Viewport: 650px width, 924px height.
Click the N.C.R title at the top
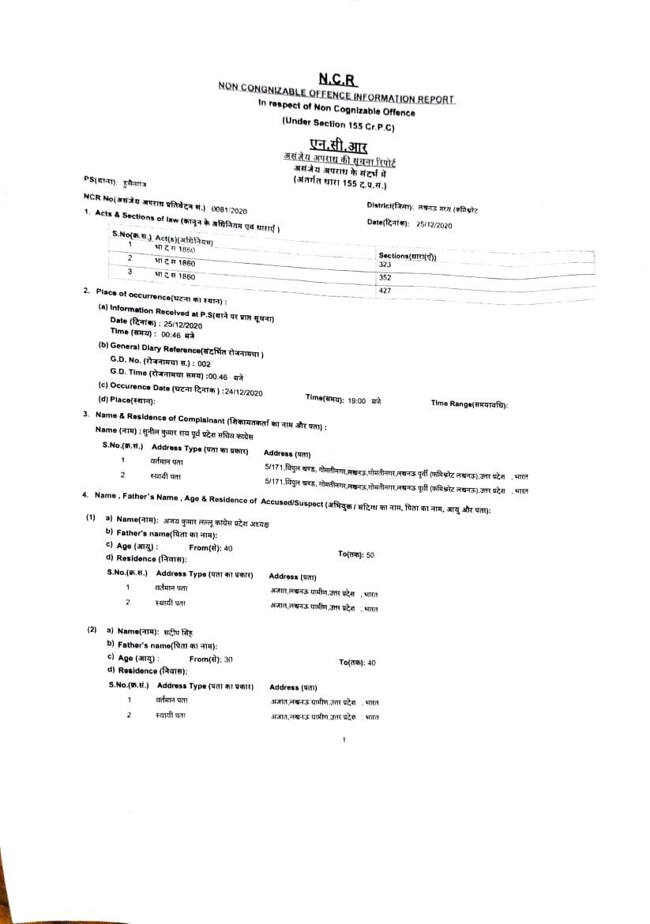coord(338,79)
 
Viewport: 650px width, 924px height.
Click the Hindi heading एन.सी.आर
coord(338,148)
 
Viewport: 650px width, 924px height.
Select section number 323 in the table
coord(385,265)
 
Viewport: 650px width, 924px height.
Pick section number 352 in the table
coord(385,278)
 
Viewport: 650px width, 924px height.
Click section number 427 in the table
coord(385,291)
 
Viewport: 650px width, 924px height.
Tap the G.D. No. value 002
coord(204,364)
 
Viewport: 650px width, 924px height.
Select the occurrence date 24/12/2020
coord(243,393)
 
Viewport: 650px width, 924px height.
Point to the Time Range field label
coord(468,404)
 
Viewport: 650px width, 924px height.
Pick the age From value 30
coord(228,659)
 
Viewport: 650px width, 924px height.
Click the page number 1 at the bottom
coord(344,740)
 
